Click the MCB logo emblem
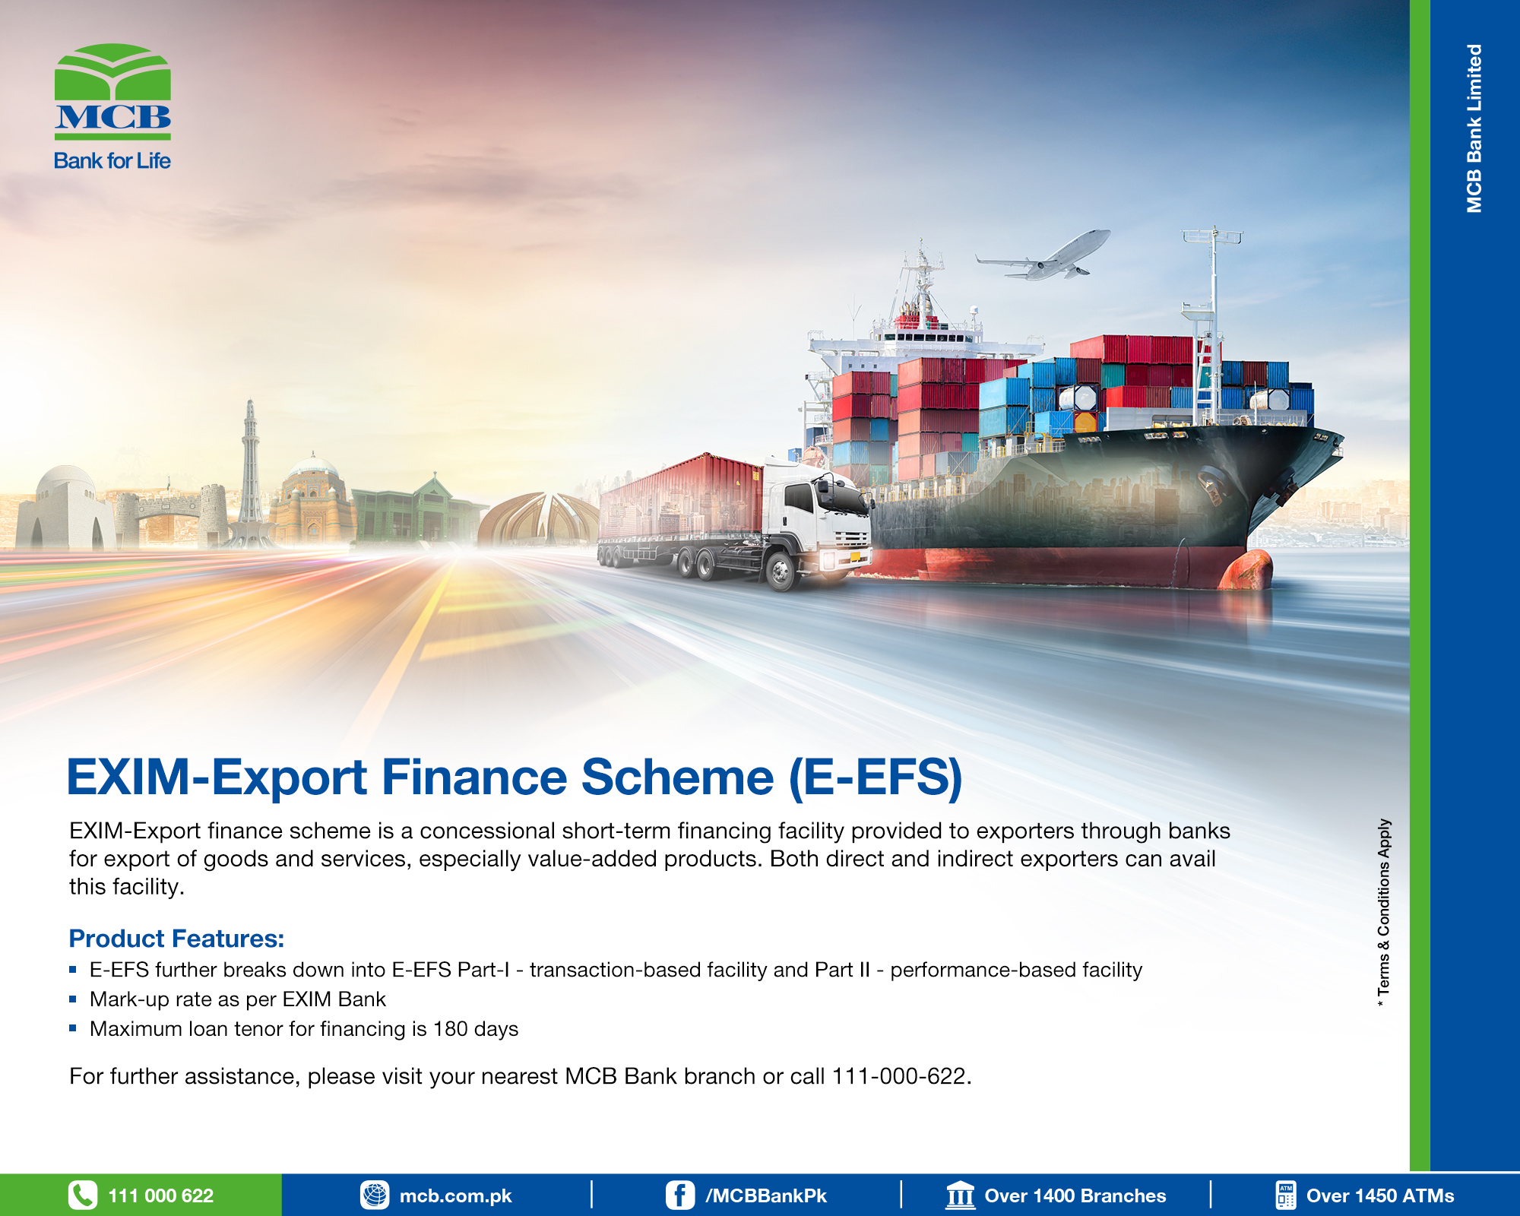click(112, 91)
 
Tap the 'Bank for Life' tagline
click(112, 160)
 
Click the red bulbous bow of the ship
click(1246, 569)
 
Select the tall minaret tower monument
click(250, 471)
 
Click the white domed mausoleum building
click(65, 508)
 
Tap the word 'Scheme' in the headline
click(677, 777)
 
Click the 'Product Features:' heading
click(176, 939)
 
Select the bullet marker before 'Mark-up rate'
click(73, 999)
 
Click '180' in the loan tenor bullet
click(450, 1029)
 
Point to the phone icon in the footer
click(83, 1195)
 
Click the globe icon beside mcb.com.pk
click(375, 1195)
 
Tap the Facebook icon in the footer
click(680, 1195)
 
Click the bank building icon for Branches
click(961, 1195)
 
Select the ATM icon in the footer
click(1285, 1195)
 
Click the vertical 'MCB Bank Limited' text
click(1474, 128)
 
